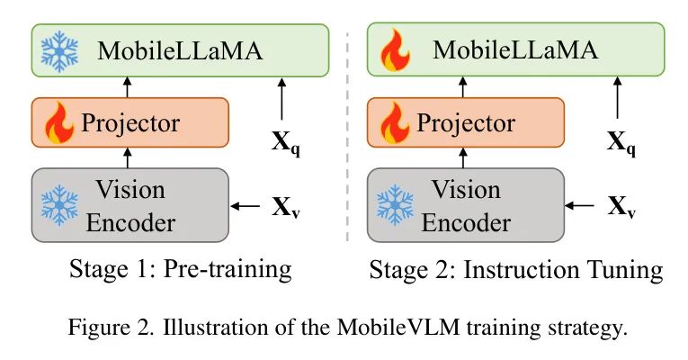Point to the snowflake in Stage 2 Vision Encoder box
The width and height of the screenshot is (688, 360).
click(394, 204)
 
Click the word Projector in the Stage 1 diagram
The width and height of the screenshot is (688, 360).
click(130, 122)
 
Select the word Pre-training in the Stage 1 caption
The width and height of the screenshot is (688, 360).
click(237, 268)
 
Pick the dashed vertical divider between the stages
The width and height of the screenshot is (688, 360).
click(347, 135)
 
